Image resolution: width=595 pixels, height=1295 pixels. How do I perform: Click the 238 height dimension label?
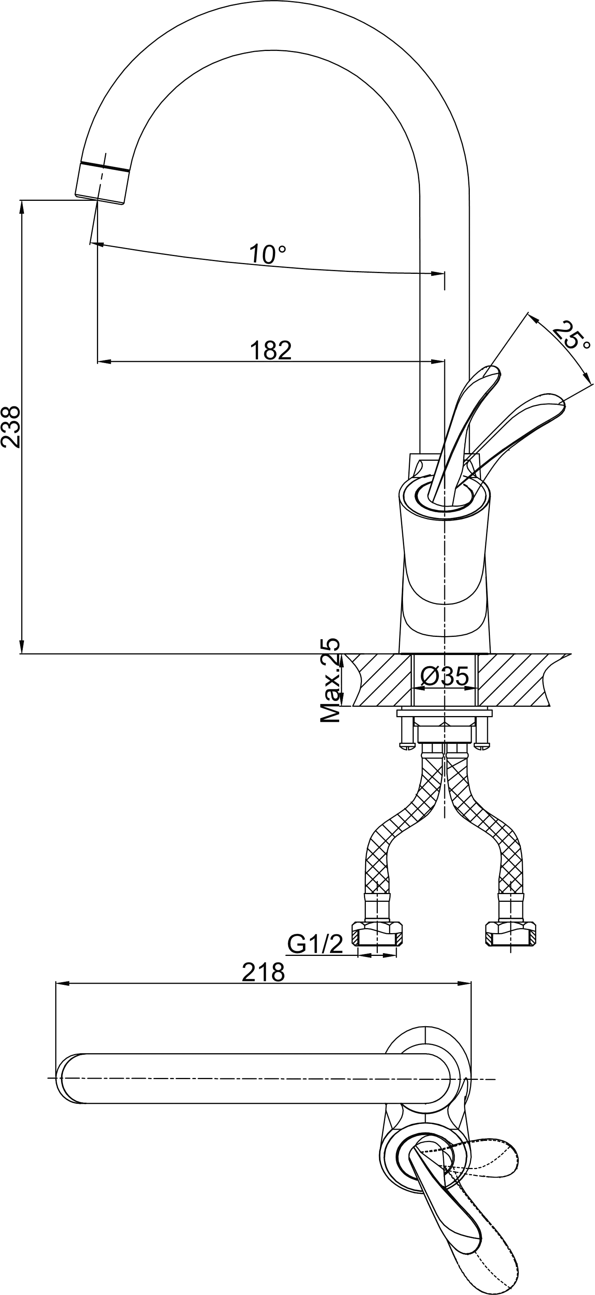pos(11,426)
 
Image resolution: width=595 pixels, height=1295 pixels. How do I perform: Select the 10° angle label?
pos(268,255)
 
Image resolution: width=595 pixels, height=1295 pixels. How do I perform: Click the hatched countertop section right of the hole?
pos(518,680)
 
